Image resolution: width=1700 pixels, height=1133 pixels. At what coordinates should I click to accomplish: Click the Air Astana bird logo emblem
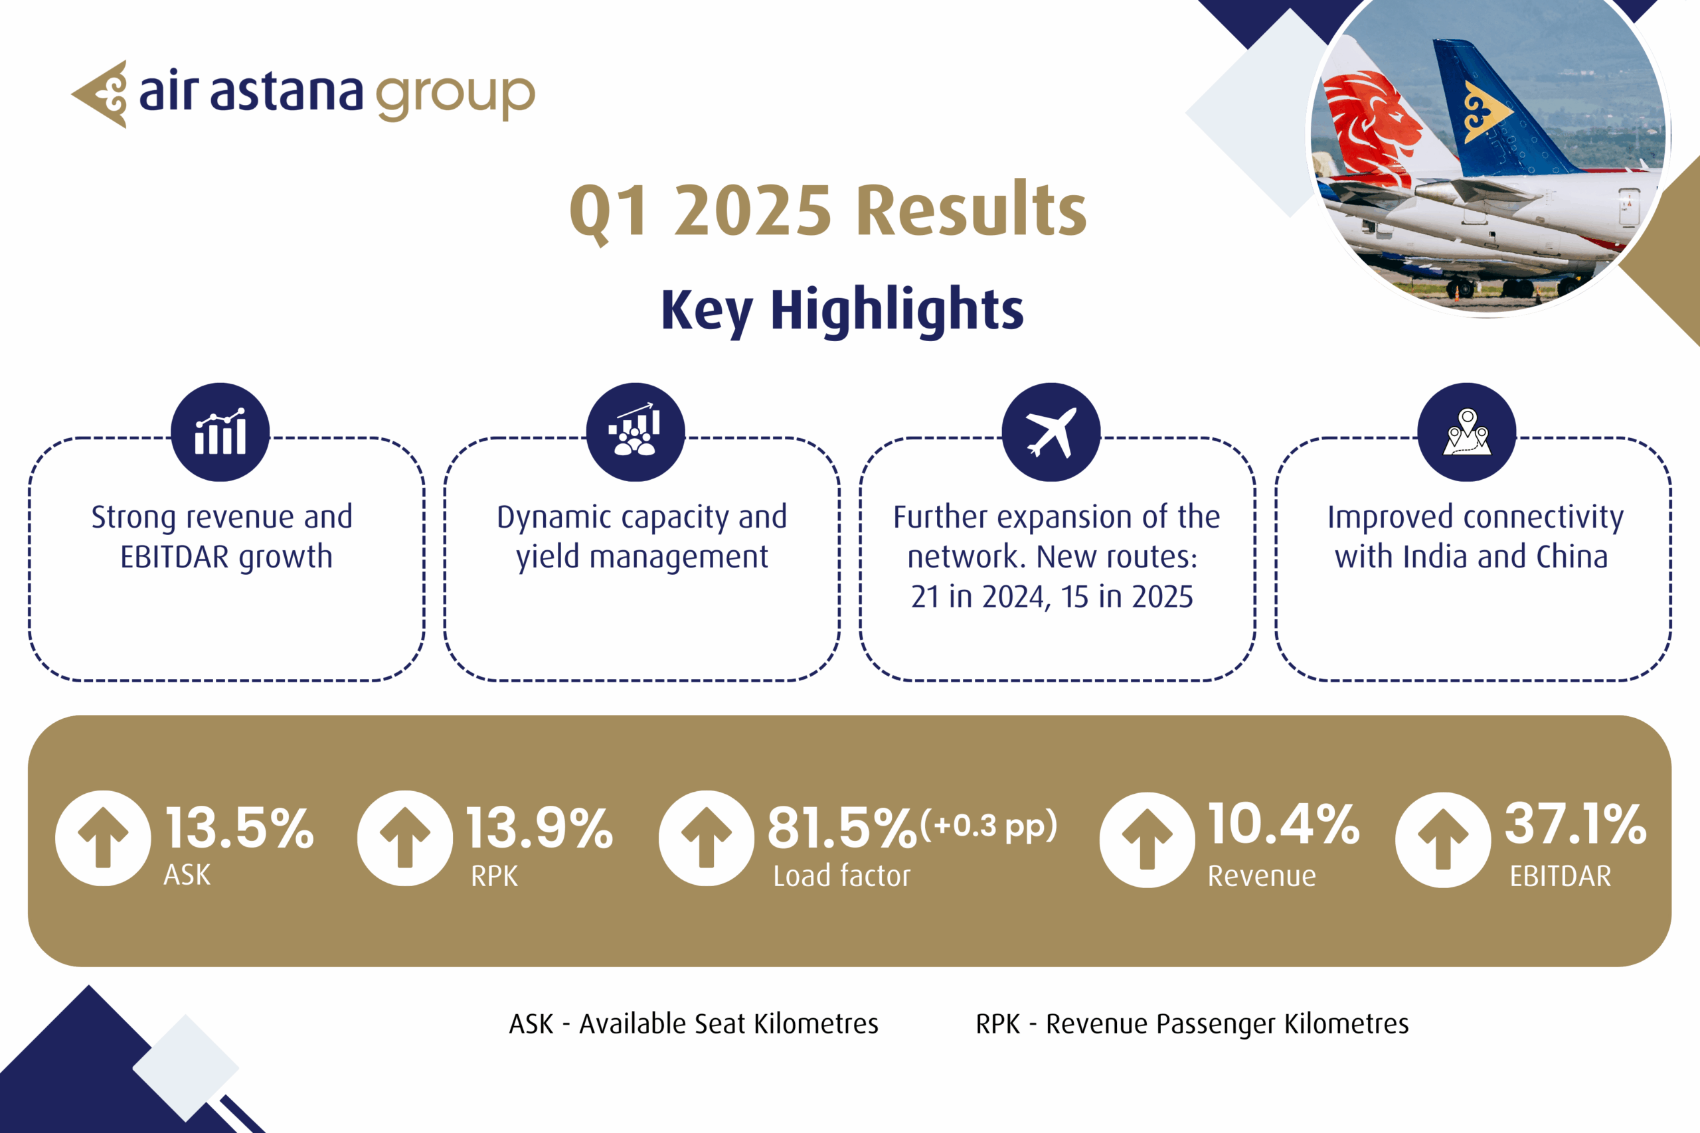(101, 94)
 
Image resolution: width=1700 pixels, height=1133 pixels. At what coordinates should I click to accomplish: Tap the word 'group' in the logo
(456, 97)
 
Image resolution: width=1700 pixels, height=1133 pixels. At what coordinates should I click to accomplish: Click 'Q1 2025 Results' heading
(828, 210)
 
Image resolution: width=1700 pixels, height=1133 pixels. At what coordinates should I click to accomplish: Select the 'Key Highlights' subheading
(842, 310)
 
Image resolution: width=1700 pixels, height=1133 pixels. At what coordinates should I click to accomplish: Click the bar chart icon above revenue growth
(220, 432)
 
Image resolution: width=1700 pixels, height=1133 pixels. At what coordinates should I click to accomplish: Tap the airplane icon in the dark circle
(1051, 432)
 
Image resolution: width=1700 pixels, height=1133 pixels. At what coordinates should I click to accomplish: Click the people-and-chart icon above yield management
(636, 430)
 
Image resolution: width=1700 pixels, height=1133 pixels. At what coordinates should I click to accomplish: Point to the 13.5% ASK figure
(240, 828)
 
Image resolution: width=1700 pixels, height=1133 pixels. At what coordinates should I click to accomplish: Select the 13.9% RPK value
(540, 828)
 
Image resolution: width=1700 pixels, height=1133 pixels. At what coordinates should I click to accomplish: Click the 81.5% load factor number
(842, 828)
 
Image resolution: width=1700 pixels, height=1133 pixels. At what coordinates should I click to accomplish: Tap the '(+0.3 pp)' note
(989, 825)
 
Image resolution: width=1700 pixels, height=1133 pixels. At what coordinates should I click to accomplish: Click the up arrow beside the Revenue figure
(1147, 839)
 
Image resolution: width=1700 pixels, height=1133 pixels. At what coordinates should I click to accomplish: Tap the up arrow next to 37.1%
(1443, 839)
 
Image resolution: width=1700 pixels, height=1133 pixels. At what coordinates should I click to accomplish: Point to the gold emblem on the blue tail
(1486, 112)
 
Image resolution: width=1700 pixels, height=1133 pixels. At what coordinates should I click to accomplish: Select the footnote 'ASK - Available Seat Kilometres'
(694, 1024)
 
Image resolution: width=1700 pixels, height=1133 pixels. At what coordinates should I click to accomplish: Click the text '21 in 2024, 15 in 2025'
(1052, 597)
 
